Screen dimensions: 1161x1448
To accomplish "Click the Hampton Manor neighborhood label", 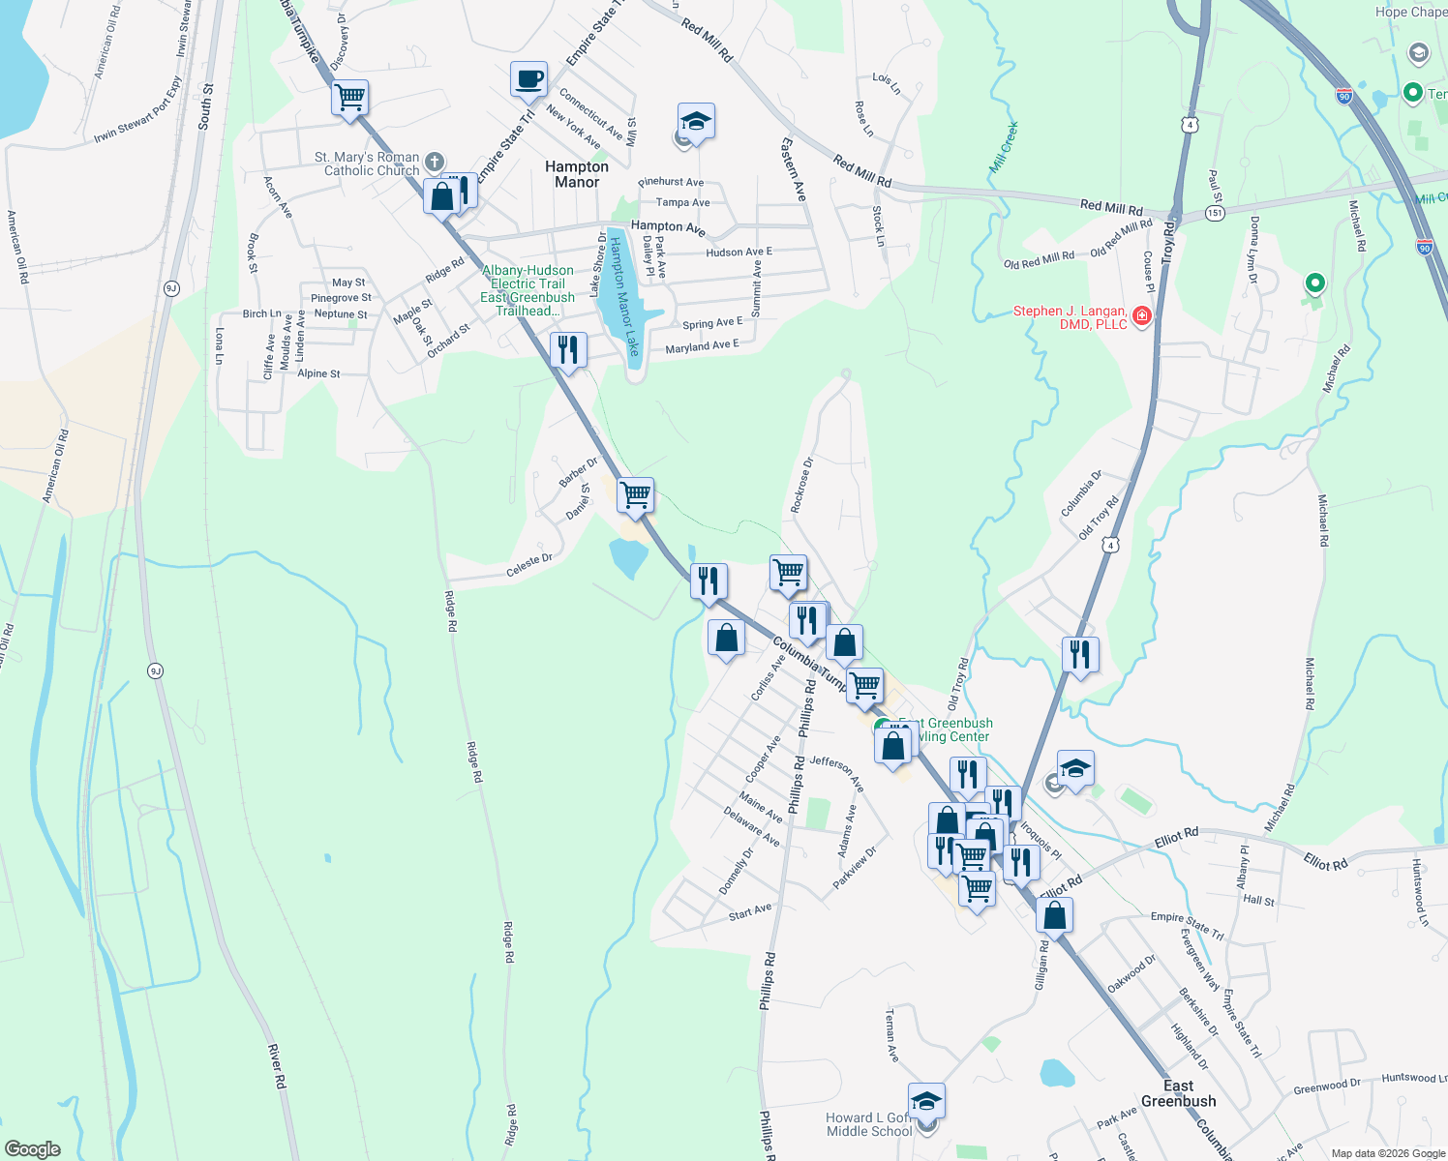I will pyautogui.click(x=577, y=174).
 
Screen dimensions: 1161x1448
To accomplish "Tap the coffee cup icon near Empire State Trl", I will pyautogui.click(x=528, y=79).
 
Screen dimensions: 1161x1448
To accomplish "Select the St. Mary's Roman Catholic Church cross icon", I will pyautogui.click(x=435, y=163).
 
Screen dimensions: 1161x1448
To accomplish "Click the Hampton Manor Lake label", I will pyautogui.click(x=624, y=296).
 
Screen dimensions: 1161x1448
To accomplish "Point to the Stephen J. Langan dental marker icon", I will pyautogui.click(x=1142, y=315).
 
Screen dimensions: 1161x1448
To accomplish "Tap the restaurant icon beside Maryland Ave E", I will pyautogui.click(x=568, y=349).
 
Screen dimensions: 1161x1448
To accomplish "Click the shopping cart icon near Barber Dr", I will pyautogui.click(x=635, y=494).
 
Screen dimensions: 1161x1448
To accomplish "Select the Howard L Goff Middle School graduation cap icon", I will pyautogui.click(x=926, y=1101).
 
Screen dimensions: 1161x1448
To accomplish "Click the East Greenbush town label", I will pyautogui.click(x=1178, y=1093).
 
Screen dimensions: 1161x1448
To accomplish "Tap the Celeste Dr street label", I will pyautogui.click(x=529, y=565).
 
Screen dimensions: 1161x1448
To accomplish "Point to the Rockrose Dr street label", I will pyautogui.click(x=802, y=485).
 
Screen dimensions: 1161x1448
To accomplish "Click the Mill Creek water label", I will pyautogui.click(x=1004, y=147).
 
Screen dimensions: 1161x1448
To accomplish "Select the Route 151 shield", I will pyautogui.click(x=1215, y=213).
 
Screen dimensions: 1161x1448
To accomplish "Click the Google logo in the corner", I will pyautogui.click(x=33, y=1149).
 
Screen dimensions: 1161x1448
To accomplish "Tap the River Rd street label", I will pyautogui.click(x=277, y=1066).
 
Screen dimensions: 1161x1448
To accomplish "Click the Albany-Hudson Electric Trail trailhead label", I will pyautogui.click(x=528, y=290).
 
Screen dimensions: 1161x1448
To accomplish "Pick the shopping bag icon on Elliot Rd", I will pyautogui.click(x=1054, y=914).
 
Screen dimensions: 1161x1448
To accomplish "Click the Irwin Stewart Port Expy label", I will pyautogui.click(x=137, y=109).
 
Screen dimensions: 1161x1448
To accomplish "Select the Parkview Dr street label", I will pyautogui.click(x=855, y=868).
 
